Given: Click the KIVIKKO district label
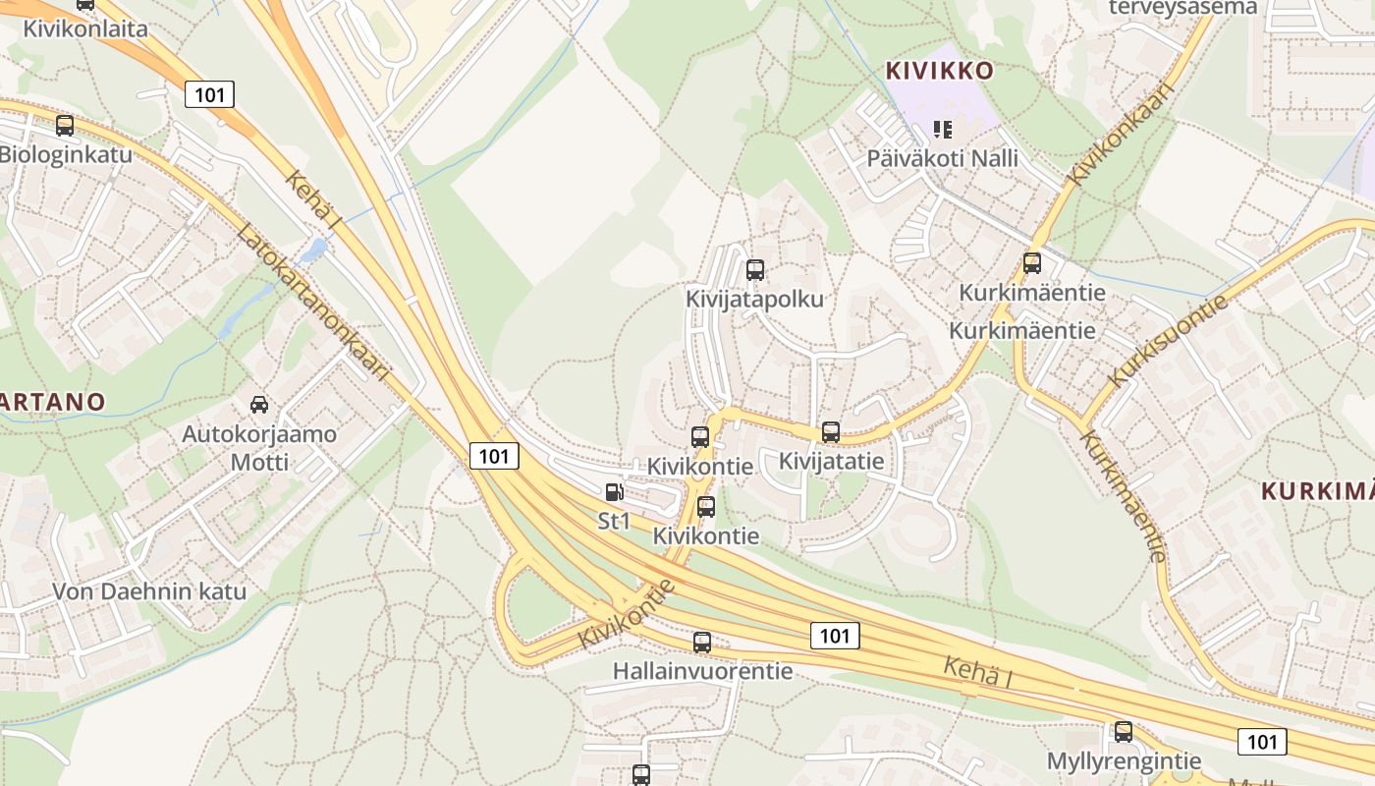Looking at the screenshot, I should point(940,71).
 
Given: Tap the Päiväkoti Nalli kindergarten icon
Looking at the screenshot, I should point(943,129).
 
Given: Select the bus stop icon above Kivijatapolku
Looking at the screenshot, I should point(754,270).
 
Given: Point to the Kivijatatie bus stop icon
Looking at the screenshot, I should point(831,432).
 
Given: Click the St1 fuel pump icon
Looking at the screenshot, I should point(614,492).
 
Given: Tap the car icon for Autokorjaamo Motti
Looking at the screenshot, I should point(259,404).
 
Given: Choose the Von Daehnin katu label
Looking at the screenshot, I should point(149,592).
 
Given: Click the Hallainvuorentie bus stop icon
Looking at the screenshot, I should point(702,643).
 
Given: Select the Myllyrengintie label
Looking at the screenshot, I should point(1124,761).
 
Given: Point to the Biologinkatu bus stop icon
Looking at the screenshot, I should point(65,126).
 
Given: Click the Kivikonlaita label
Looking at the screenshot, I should point(85,28).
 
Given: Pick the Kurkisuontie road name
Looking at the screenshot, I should point(1168,340).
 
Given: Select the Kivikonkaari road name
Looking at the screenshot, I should point(1122,135).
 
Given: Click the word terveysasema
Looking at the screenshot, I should point(1182,8).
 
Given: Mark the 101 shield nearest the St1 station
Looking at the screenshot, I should point(494,456).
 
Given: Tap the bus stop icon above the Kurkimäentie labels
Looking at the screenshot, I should point(1031,263).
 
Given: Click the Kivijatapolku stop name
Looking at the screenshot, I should point(754,299).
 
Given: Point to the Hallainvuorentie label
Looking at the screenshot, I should point(702,672).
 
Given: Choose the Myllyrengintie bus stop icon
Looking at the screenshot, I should point(1124,732).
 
